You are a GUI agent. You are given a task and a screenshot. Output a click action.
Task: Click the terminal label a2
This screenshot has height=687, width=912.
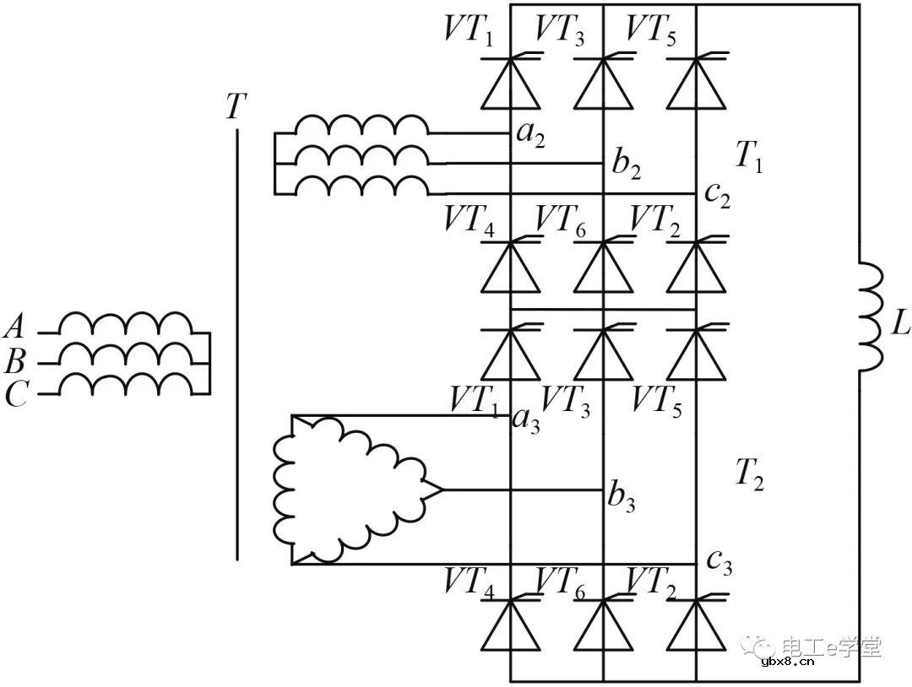[x=530, y=136]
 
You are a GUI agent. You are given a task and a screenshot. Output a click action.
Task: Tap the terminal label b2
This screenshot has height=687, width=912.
[x=626, y=165]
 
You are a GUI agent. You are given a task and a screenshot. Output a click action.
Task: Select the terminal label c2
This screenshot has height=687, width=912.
[x=718, y=196]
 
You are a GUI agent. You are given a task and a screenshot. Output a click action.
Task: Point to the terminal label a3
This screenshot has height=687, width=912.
[x=527, y=419]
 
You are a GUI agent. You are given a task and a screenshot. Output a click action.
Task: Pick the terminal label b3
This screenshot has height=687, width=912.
[x=622, y=498]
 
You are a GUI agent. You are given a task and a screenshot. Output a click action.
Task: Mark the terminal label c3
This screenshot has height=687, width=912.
[x=719, y=561]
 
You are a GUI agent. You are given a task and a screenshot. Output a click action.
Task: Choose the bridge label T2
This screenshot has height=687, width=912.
[x=748, y=477]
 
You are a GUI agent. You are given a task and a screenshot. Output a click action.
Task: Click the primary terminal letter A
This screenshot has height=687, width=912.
[x=16, y=325]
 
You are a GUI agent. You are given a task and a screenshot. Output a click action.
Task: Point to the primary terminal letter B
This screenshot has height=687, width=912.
[x=16, y=363]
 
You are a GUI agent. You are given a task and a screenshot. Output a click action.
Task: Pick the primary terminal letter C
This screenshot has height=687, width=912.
[x=16, y=395]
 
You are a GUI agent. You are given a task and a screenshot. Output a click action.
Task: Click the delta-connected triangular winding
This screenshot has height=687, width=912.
[x=346, y=490]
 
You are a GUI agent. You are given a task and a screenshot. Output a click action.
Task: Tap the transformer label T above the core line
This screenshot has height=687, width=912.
[x=236, y=106]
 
